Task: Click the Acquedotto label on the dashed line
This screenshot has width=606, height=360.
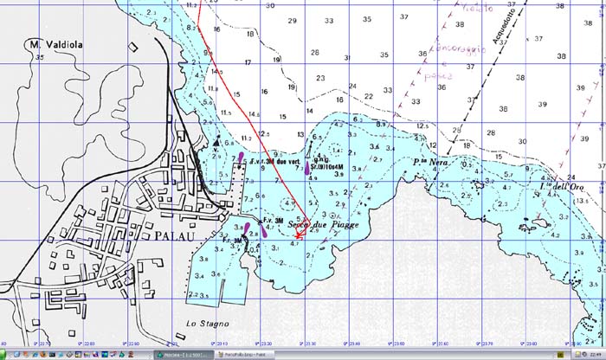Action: click(x=501, y=23)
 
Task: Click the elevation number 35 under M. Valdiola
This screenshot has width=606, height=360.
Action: click(x=40, y=56)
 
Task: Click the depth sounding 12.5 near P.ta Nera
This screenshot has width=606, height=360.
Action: click(x=422, y=127)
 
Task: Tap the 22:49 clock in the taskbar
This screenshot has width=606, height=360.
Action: click(x=594, y=355)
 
